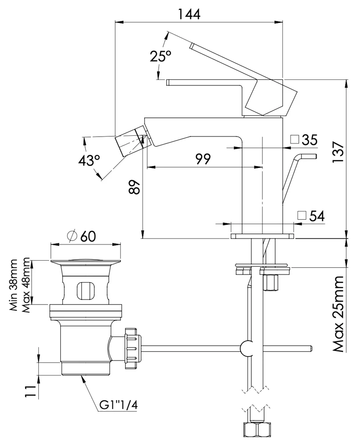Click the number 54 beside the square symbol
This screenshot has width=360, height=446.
tap(316, 216)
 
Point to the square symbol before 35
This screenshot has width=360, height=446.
tap(294, 140)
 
